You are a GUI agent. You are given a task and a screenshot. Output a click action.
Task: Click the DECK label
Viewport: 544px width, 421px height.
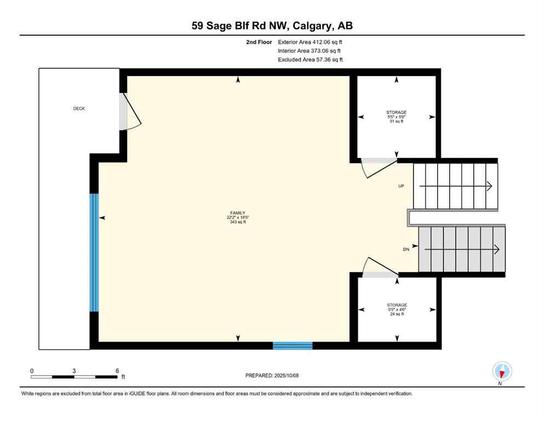(79, 109)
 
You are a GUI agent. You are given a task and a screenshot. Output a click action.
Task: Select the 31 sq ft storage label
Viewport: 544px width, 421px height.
(396, 117)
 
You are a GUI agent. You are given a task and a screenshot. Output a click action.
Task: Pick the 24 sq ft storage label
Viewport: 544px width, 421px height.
(396, 310)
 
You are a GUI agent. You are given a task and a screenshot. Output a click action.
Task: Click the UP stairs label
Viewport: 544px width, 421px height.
(401, 186)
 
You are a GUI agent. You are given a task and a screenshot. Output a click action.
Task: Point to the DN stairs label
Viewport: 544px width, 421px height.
(406, 249)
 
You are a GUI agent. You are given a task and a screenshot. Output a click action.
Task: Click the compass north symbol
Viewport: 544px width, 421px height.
(502, 372)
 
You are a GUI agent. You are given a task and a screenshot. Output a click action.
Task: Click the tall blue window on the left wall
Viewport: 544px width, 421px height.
(94, 252)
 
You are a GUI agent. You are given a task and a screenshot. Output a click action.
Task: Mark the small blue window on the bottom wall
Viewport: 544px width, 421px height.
(293, 345)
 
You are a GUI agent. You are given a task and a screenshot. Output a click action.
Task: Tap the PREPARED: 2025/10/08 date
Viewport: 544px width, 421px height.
(272, 376)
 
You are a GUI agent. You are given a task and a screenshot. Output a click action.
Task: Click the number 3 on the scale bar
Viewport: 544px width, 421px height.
(74, 371)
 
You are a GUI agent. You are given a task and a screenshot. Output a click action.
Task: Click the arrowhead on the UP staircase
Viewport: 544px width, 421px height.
(489, 186)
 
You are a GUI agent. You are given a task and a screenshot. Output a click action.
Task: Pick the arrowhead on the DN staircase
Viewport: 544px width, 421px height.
(496, 249)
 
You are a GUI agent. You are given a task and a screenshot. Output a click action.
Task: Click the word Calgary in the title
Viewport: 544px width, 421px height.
(316, 26)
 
